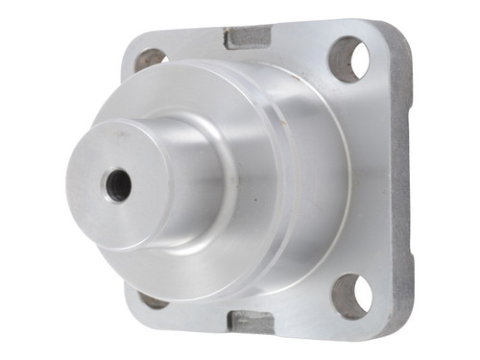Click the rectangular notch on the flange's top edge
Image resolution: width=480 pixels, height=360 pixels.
tap(248, 38)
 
